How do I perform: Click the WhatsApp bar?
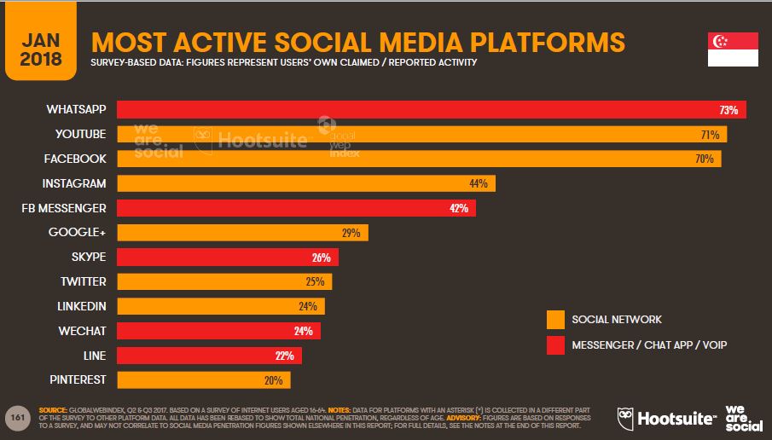[x=431, y=110]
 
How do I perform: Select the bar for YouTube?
[x=421, y=134]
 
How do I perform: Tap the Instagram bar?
[x=305, y=183]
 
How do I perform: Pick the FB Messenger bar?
[x=296, y=208]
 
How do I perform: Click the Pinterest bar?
[x=203, y=380]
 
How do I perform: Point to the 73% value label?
[x=728, y=110]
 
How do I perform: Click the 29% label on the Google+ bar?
[x=351, y=233]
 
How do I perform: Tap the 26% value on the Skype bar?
[x=322, y=258]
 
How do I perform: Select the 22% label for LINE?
[x=284, y=356]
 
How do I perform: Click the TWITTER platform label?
[x=83, y=281]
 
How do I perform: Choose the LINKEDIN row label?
[x=81, y=306]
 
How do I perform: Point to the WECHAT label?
[x=84, y=331]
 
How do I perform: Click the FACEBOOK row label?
[x=77, y=159]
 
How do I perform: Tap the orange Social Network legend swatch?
[x=555, y=320]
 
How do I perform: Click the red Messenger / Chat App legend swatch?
[x=555, y=344]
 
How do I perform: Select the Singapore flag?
[x=733, y=50]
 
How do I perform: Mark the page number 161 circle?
[x=17, y=417]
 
